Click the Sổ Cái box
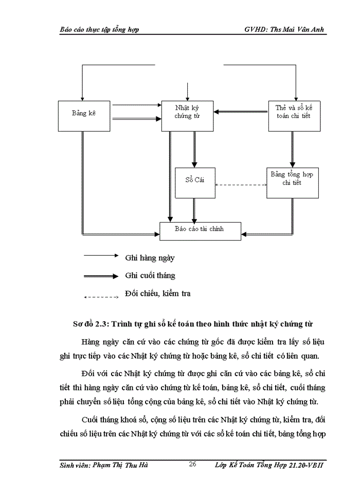point(194,182)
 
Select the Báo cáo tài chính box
point(200,230)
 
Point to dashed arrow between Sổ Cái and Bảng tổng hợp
point(240,185)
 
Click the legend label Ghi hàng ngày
point(150,258)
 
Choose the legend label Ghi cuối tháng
point(150,275)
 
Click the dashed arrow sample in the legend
point(101,297)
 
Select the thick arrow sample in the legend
point(101,276)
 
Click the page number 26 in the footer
point(193,465)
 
